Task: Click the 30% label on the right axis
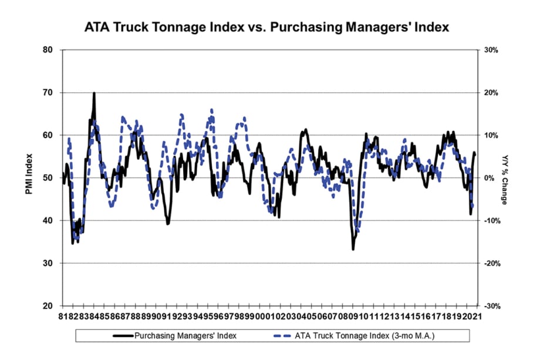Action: click(x=490, y=51)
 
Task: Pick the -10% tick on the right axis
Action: click(x=490, y=221)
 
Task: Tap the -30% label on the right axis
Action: click(x=490, y=306)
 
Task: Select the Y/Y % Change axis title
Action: click(x=505, y=178)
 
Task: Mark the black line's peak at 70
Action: click(x=94, y=93)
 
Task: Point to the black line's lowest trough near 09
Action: click(x=353, y=249)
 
